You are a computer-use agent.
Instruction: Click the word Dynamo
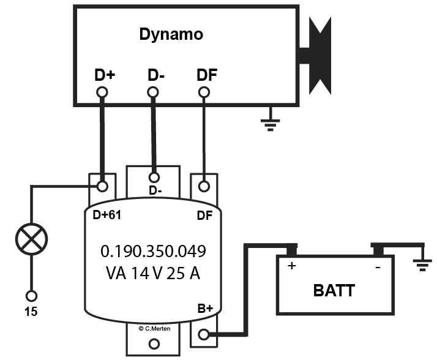coord(171,34)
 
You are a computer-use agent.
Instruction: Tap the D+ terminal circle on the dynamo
coord(102,92)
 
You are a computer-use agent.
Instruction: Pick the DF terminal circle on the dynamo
coord(204,92)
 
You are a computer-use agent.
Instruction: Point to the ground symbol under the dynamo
coord(268,124)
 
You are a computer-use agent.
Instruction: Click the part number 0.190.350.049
coord(153,252)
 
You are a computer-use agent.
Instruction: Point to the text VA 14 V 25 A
coord(153,273)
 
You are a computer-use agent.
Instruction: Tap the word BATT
coord(334,290)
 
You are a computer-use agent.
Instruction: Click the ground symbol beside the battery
coord(422,264)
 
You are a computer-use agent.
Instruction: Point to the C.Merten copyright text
coord(153,329)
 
